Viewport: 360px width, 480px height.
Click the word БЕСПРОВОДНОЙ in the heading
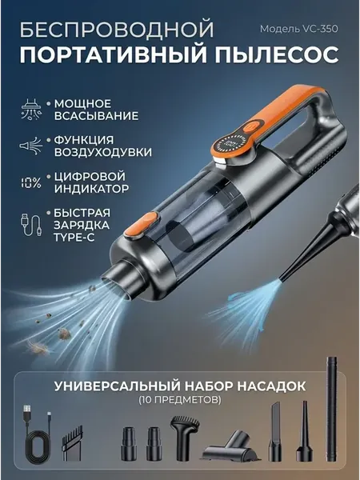(x=118, y=29)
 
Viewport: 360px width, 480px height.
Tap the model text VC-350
(x=321, y=29)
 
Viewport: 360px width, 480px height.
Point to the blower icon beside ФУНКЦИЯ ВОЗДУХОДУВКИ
(x=31, y=146)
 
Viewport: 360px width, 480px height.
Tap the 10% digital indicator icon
(x=30, y=182)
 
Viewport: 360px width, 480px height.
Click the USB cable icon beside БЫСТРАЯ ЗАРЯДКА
(x=31, y=225)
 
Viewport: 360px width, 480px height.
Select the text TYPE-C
(x=74, y=238)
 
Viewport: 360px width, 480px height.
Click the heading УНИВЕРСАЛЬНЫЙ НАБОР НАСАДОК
(x=180, y=386)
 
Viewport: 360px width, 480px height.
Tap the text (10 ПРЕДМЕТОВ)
(x=180, y=399)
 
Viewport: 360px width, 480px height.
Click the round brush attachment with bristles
(x=184, y=438)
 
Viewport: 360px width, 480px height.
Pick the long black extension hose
(x=331, y=409)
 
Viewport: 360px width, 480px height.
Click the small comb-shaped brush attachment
(x=73, y=442)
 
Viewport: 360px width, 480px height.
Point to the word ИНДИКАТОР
(x=91, y=189)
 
